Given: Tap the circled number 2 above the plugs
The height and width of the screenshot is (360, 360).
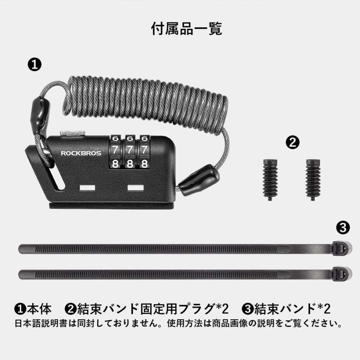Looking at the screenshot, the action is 293,142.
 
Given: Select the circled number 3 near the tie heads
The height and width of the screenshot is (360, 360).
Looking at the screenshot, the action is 343,228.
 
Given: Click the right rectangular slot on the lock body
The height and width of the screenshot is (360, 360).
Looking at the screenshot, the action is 135,187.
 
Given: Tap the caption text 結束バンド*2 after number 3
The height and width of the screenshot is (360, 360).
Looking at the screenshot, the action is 292,309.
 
